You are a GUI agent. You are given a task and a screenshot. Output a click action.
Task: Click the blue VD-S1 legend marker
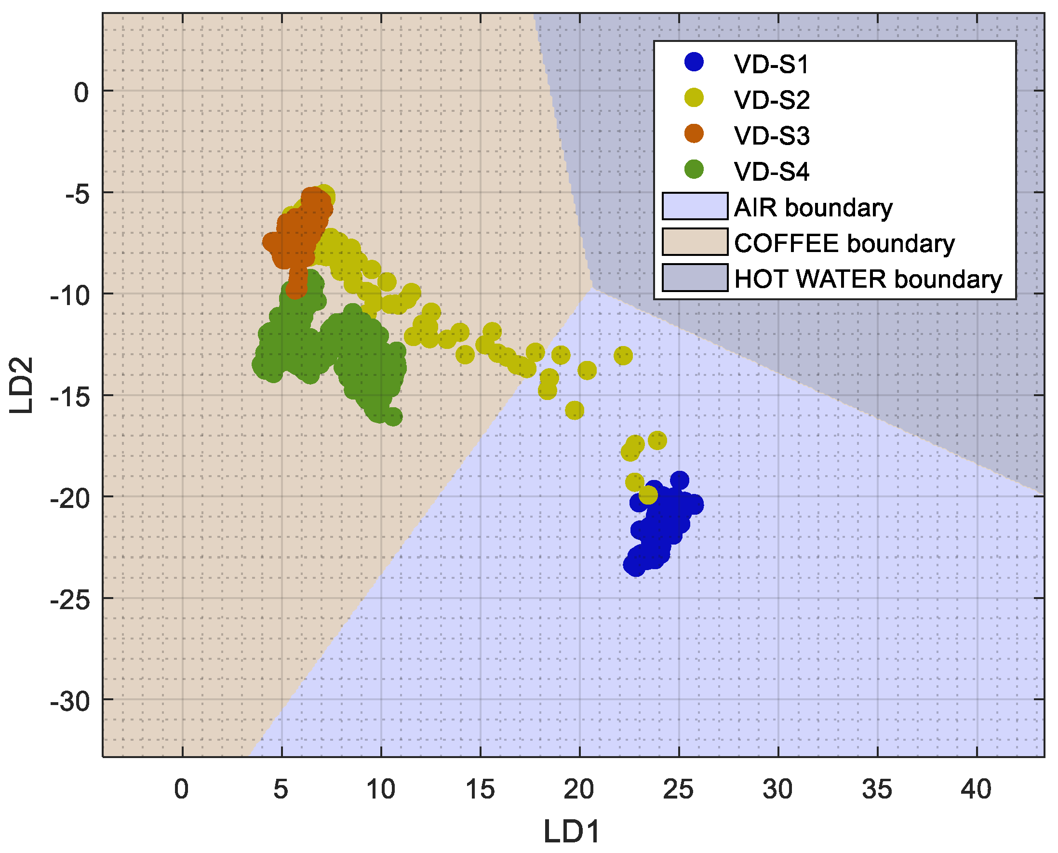point(694,62)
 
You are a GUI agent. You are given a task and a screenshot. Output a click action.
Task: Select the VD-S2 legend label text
point(772,100)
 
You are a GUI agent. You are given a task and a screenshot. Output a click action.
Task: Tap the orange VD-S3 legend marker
point(694,133)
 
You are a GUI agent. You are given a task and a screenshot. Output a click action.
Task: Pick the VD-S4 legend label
point(772,172)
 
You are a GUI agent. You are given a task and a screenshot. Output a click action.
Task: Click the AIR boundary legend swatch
point(695,206)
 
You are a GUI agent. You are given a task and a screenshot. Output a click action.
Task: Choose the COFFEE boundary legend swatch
point(695,242)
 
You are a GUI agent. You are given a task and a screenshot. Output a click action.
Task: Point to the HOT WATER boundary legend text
point(868,279)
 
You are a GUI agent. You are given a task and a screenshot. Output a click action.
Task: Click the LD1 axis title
point(572,832)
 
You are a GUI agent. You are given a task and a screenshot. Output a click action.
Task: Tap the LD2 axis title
point(22,385)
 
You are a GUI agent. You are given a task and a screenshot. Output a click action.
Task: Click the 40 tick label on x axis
point(976,789)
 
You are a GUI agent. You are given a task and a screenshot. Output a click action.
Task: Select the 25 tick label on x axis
point(678,789)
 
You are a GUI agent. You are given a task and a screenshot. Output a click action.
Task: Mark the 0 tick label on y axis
point(81,93)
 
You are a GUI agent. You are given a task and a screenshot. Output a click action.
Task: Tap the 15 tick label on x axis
point(480,789)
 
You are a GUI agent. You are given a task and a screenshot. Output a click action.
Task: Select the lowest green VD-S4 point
point(393,417)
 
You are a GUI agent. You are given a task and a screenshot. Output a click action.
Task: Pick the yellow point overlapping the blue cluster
point(648,495)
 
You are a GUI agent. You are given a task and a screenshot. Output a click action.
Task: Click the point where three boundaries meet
point(593,288)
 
